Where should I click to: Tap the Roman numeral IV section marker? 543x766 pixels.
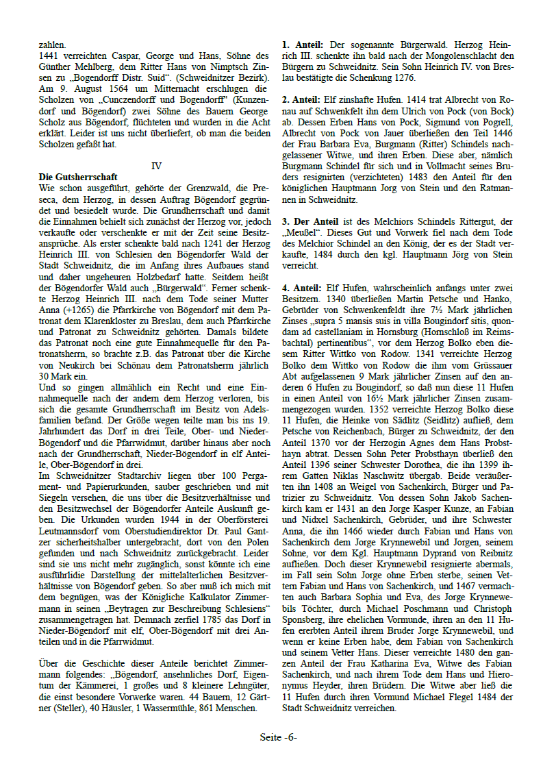(x=156, y=166)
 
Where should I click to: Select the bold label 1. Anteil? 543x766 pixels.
(x=303, y=45)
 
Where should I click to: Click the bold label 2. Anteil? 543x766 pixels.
(x=303, y=100)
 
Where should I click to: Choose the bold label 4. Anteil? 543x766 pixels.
(x=303, y=287)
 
